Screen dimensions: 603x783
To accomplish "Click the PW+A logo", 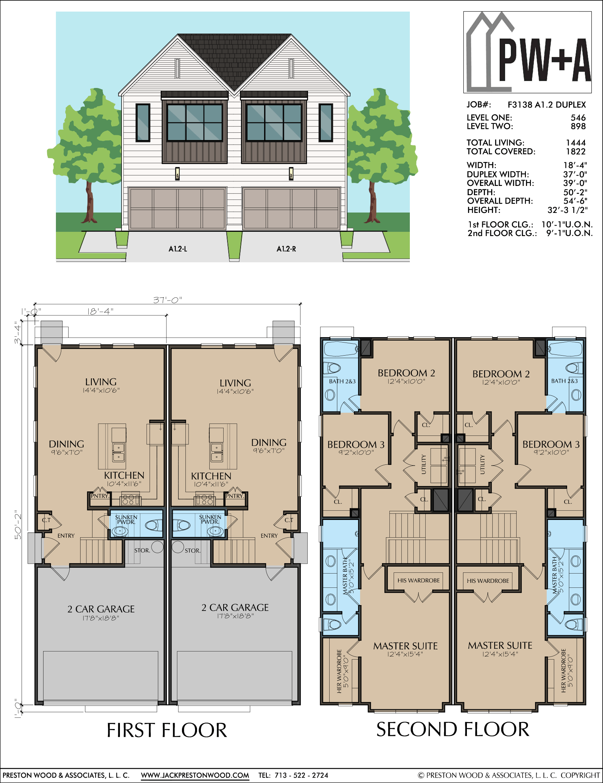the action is coord(527,52).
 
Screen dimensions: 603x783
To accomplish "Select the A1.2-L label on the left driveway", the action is coord(178,249).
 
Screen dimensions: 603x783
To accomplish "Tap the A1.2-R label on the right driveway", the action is coord(286,249).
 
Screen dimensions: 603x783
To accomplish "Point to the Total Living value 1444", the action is coord(576,143).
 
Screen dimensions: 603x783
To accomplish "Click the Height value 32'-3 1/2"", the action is coord(568,210).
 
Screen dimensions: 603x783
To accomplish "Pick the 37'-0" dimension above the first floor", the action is coord(167,300).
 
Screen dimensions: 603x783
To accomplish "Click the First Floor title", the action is coord(167,730).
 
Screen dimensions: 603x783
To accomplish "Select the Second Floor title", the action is coord(453,729).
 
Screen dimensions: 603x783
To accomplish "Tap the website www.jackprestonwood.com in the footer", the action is coord(195,775).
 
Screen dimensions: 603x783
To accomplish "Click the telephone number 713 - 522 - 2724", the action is coord(301,775).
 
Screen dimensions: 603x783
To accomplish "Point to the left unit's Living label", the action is coord(101,382).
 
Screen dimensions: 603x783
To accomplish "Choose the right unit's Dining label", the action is coord(269,442).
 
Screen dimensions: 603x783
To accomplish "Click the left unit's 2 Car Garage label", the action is coord(101,609).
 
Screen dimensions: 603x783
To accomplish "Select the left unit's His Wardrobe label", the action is coord(419,580).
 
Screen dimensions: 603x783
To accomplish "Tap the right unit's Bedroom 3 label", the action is coord(551,444).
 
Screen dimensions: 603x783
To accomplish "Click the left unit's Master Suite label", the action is coord(405,646).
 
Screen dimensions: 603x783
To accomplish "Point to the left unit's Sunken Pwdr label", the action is coord(126,520).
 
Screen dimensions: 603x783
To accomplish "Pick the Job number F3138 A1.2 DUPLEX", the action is coord(547,105).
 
